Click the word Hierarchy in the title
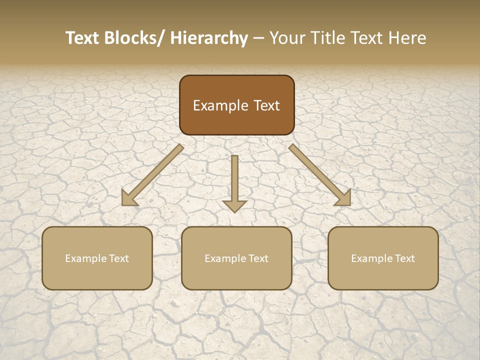click(x=209, y=38)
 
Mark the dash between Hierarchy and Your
click(x=258, y=39)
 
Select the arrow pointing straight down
click(x=234, y=182)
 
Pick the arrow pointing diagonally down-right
click(x=320, y=175)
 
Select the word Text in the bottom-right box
click(x=404, y=258)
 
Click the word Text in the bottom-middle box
click(x=258, y=258)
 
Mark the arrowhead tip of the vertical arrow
click(x=234, y=211)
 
